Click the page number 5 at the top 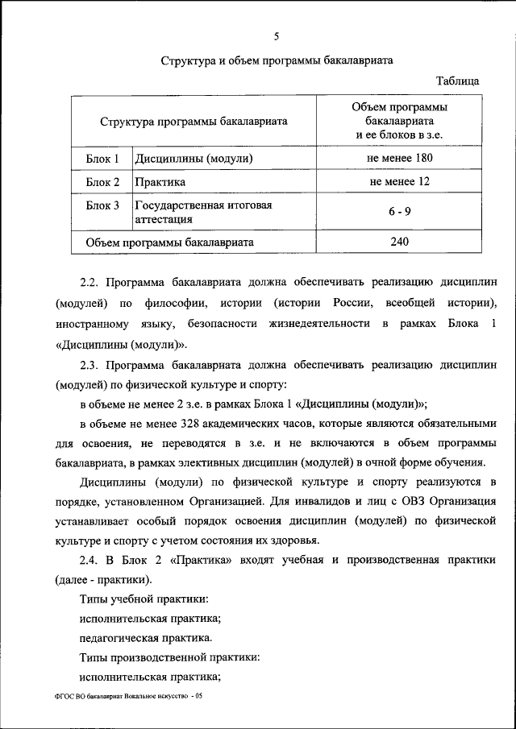(x=277, y=36)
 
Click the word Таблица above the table (x=457, y=81)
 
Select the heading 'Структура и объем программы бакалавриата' (x=277, y=61)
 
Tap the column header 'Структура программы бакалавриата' (x=194, y=122)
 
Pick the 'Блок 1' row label (x=102, y=159)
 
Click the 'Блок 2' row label (x=102, y=182)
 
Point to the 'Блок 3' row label (x=102, y=205)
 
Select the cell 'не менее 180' (x=400, y=158)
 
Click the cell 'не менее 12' (x=400, y=182)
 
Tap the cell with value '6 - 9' (x=400, y=211)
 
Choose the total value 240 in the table (x=400, y=242)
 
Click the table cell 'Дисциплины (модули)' (x=194, y=159)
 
